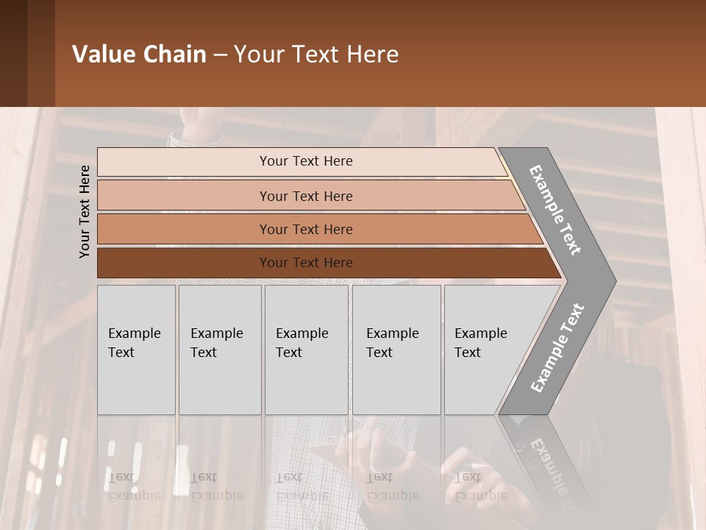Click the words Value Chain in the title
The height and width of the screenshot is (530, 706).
coord(139,54)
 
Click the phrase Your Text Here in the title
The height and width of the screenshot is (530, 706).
coord(316,54)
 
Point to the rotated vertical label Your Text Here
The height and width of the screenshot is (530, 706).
coord(85,211)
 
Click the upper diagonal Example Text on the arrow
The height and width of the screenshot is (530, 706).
coord(555,210)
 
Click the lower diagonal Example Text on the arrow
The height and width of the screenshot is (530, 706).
coord(557,347)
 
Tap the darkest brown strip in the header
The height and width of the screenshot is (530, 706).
coord(13,53)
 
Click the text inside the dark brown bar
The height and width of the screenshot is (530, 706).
coord(306,263)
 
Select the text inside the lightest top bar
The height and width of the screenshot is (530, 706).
coord(306,161)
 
